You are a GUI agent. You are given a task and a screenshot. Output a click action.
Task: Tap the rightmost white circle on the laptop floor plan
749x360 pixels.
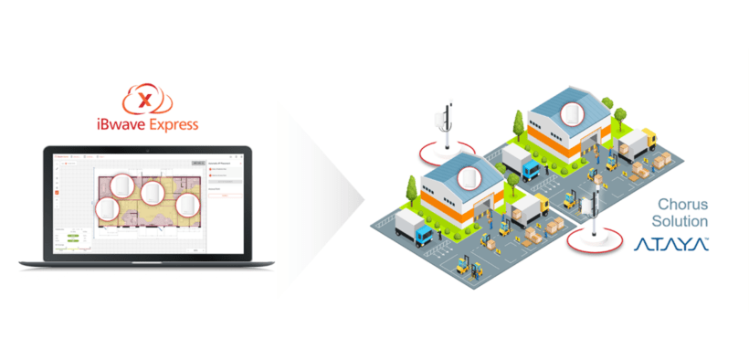[187, 206]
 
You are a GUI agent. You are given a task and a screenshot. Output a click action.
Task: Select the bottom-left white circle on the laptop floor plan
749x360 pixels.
[109, 208]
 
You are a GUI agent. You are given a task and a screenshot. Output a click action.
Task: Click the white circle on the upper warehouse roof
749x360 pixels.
[573, 113]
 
